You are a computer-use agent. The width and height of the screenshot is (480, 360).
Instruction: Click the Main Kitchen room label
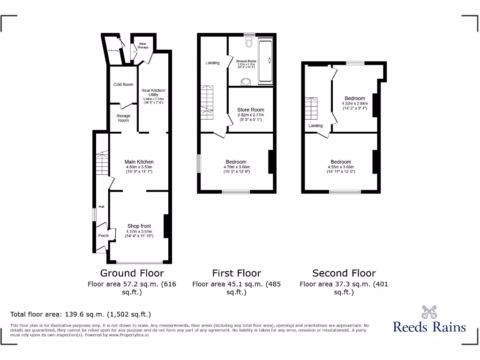pyautogui.click(x=139, y=162)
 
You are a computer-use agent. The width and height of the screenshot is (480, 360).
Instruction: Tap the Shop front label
pyautogui.click(x=139, y=226)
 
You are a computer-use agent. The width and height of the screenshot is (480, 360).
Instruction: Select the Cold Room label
pyautogui.click(x=123, y=84)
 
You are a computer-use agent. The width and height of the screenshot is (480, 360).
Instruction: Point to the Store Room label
pyautogui.click(x=251, y=110)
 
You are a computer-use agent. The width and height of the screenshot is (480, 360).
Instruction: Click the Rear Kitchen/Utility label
pyautogui.click(x=153, y=92)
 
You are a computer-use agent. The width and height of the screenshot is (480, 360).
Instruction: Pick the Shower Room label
pyautogui.click(x=246, y=61)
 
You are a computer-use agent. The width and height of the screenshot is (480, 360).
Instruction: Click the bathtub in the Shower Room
pyautogui.click(x=266, y=60)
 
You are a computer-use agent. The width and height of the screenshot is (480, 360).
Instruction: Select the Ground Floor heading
pyautogui.click(x=132, y=273)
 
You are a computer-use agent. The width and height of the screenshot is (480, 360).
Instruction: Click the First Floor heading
pyautogui.click(x=237, y=273)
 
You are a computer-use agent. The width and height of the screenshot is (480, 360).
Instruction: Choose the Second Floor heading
pyautogui.click(x=344, y=273)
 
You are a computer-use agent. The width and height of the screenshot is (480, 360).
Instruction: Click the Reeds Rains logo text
pyautogui.click(x=429, y=327)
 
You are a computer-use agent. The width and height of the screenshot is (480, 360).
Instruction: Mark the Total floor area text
pyautogui.click(x=81, y=315)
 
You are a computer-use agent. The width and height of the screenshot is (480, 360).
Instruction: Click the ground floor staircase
pyautogui.click(x=102, y=164)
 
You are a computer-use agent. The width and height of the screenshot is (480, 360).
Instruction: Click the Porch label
pyautogui.click(x=104, y=235)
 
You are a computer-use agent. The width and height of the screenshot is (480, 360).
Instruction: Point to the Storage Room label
pyautogui.click(x=123, y=118)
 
